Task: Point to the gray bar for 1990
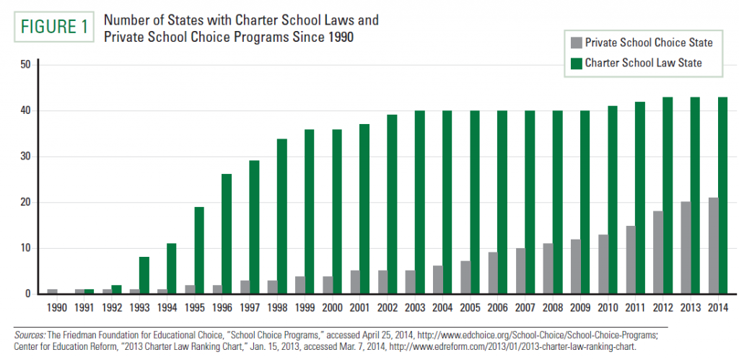(52, 291)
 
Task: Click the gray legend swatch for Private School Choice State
(575, 43)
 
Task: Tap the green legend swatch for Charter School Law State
(575, 63)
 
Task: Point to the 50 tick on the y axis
(25, 65)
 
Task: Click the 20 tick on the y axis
(25, 202)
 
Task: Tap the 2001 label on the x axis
(361, 306)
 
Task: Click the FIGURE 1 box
(52, 27)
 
